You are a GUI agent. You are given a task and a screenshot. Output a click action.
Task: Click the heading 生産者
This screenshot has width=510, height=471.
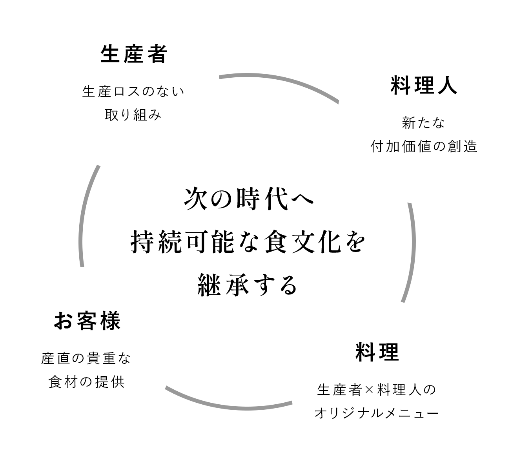coord(134,54)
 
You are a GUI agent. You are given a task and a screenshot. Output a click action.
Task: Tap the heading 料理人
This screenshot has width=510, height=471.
coord(424,86)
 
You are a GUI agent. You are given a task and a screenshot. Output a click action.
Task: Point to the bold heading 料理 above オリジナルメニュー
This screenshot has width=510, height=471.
coord(377,352)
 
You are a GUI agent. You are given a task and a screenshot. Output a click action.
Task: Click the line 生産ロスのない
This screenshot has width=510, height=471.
coord(133,92)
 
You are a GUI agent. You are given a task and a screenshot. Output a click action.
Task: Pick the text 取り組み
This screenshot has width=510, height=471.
coord(133,115)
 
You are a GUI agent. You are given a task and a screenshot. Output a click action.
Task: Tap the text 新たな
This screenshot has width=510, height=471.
coord(424,123)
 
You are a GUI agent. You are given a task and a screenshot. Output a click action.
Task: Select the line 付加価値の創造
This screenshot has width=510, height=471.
coord(424,146)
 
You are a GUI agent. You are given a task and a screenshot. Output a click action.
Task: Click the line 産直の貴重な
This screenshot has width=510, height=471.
coord(86,358)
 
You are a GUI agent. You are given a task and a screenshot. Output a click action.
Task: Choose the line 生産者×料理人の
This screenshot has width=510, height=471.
coord(377,390)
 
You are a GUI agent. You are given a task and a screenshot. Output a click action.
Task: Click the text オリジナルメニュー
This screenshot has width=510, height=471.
coord(377,413)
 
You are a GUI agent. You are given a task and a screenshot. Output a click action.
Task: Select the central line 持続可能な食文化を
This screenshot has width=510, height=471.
coord(248,242)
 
